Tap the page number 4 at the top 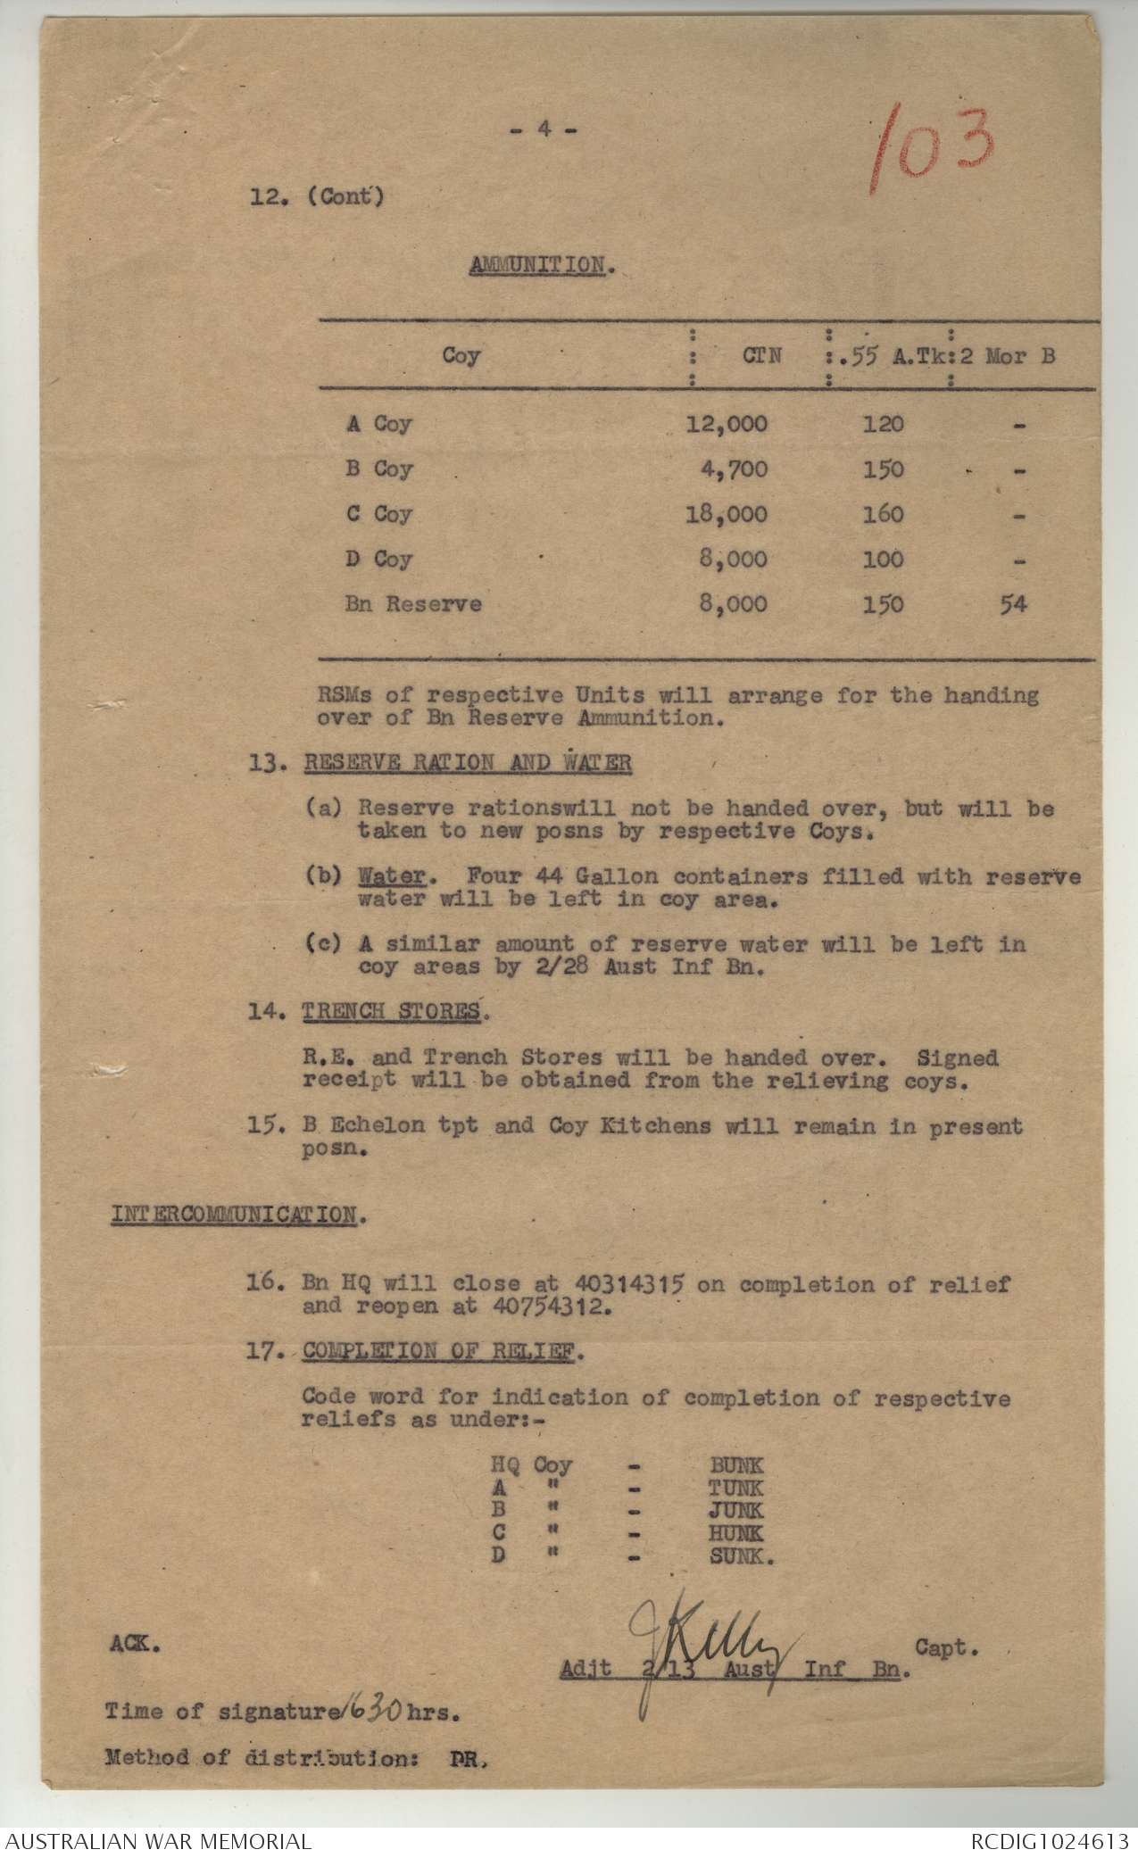(543, 129)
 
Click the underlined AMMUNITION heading (536, 265)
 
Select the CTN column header (761, 356)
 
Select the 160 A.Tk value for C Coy (883, 515)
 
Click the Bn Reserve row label (413, 604)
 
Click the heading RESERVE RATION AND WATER (468, 764)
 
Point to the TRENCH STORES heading (395, 1012)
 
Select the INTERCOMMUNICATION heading (235, 1215)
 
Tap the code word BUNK (736, 1465)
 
